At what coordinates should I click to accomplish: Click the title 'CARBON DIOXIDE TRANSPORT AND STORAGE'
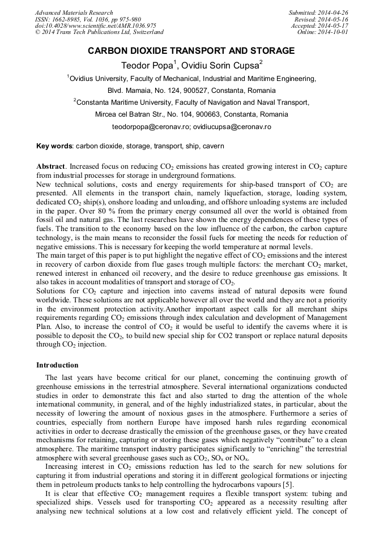tap(191, 51)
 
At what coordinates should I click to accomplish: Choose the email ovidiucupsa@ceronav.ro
tap(232, 126)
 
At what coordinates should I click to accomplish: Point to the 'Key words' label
tap(54, 146)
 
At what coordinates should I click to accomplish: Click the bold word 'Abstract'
tap(51, 167)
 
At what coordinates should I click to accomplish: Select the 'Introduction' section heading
tap(57, 365)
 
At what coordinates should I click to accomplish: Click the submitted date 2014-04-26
tap(334, 12)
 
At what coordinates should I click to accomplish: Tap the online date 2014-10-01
tap(334, 32)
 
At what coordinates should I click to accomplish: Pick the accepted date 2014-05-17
tap(334, 25)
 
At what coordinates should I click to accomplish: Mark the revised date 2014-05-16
tap(334, 19)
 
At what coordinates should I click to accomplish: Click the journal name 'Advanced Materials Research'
tap(74, 12)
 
